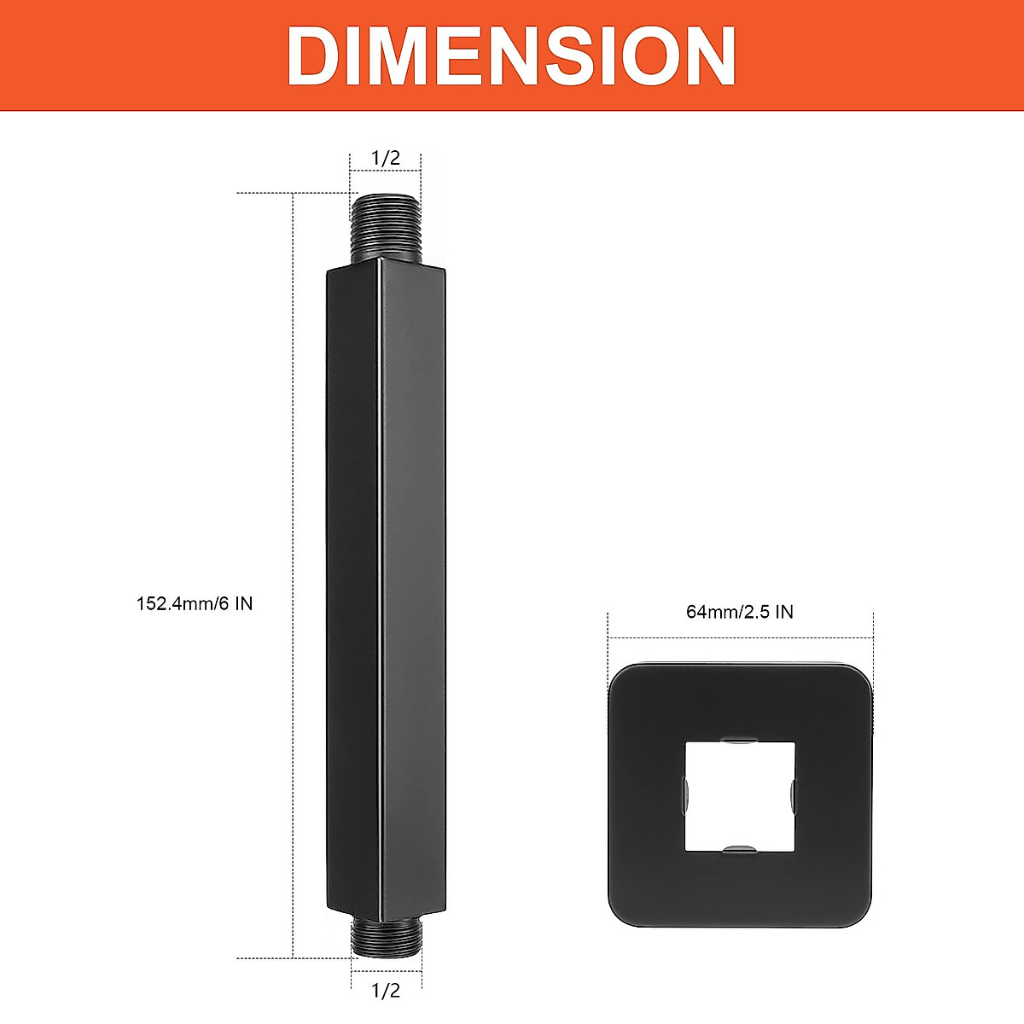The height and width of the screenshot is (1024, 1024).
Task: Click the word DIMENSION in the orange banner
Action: pyautogui.click(x=511, y=55)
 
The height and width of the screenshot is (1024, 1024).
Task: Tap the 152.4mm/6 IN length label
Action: pyautogui.click(x=195, y=603)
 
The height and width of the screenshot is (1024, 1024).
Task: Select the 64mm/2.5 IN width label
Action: pyautogui.click(x=739, y=612)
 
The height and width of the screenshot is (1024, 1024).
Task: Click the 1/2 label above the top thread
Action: pyautogui.click(x=385, y=159)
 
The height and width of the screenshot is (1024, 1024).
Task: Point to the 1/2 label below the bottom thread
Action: pyautogui.click(x=385, y=990)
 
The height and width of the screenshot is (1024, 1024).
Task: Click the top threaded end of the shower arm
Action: pyautogui.click(x=386, y=226)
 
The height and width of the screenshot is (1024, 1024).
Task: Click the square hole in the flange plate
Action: pyautogui.click(x=740, y=795)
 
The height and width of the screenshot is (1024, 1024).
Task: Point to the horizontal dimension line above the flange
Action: pyautogui.click(x=740, y=637)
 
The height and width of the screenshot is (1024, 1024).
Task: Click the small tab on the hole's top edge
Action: pyautogui.click(x=739, y=740)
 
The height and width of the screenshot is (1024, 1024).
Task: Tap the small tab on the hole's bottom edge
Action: pyautogui.click(x=739, y=848)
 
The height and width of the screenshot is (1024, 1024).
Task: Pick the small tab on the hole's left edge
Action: pyautogui.click(x=687, y=794)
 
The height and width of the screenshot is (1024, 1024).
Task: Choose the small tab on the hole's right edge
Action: pyautogui.click(x=793, y=794)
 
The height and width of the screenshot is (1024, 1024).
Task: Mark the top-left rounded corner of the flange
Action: pyautogui.click(x=621, y=678)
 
